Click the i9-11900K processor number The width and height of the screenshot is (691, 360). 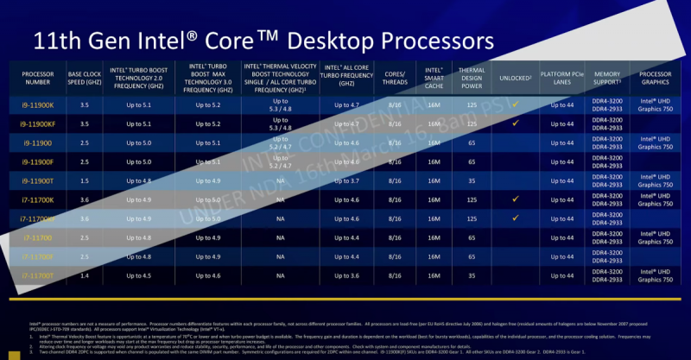38,104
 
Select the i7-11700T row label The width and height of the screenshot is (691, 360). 38,275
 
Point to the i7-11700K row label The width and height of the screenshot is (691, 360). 38,199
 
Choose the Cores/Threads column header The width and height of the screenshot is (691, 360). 398,78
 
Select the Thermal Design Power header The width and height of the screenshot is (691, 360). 472,78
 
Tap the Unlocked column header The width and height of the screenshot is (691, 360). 514,78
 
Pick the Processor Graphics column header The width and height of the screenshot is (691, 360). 656,78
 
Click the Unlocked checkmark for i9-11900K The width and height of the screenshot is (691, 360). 515,104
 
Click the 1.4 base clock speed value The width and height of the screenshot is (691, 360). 84,275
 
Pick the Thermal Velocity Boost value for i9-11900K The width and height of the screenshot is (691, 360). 281,104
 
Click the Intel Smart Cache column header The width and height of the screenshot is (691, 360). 434,78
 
